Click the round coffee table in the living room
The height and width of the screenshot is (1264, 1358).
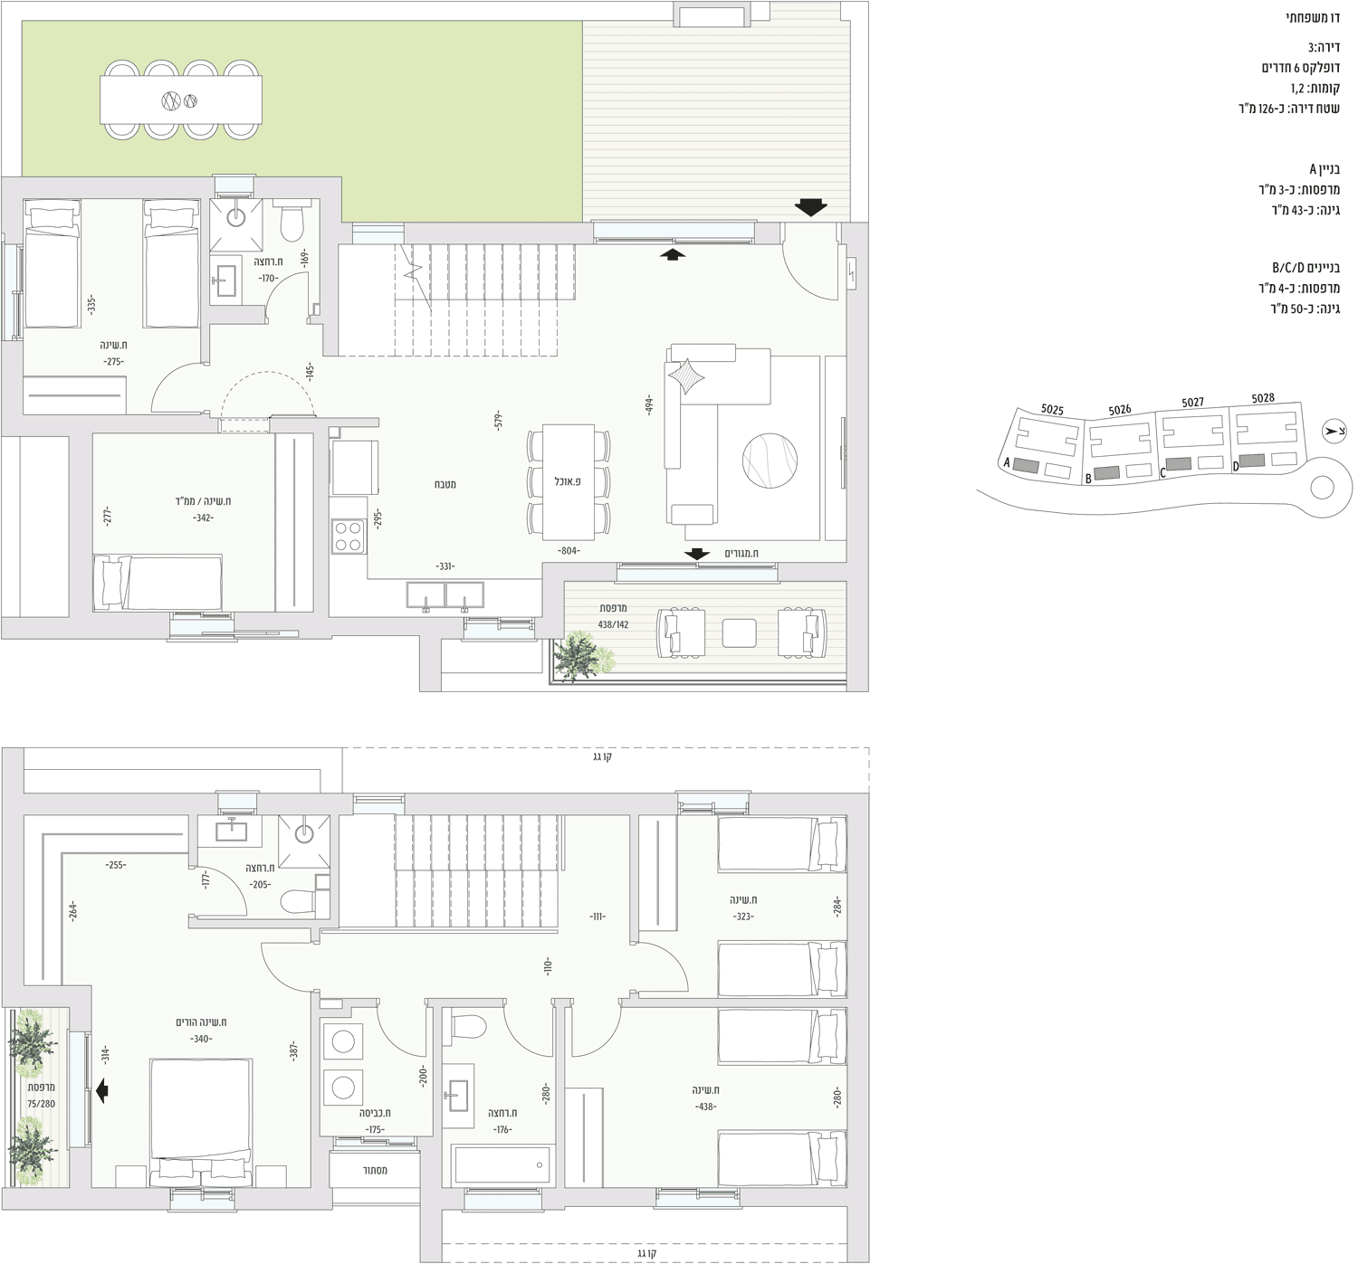click(770, 460)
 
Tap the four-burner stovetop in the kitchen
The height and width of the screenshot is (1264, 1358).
click(349, 537)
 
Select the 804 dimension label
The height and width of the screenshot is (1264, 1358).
click(569, 550)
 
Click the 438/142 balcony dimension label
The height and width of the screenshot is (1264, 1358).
click(613, 624)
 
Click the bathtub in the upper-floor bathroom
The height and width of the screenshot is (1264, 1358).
click(502, 1165)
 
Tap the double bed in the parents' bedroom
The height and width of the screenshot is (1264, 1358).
click(201, 1123)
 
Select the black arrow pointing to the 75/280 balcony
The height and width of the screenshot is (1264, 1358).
click(102, 1090)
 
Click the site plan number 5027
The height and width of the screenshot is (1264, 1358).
click(1192, 403)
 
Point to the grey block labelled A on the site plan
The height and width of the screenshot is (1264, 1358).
click(1026, 466)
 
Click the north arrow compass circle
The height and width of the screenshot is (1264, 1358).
click(1334, 431)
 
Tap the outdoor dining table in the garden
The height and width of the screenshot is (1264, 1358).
click(181, 100)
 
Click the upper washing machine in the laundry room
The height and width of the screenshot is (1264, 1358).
click(343, 1041)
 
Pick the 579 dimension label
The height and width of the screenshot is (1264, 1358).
click(499, 420)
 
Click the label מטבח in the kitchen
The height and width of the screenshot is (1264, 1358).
click(445, 484)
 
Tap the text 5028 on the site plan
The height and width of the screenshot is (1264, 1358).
click(1263, 398)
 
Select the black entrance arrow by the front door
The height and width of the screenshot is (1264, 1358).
click(810, 207)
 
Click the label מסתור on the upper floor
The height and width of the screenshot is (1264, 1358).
click(375, 1170)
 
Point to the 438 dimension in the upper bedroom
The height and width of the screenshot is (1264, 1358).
click(705, 1107)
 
